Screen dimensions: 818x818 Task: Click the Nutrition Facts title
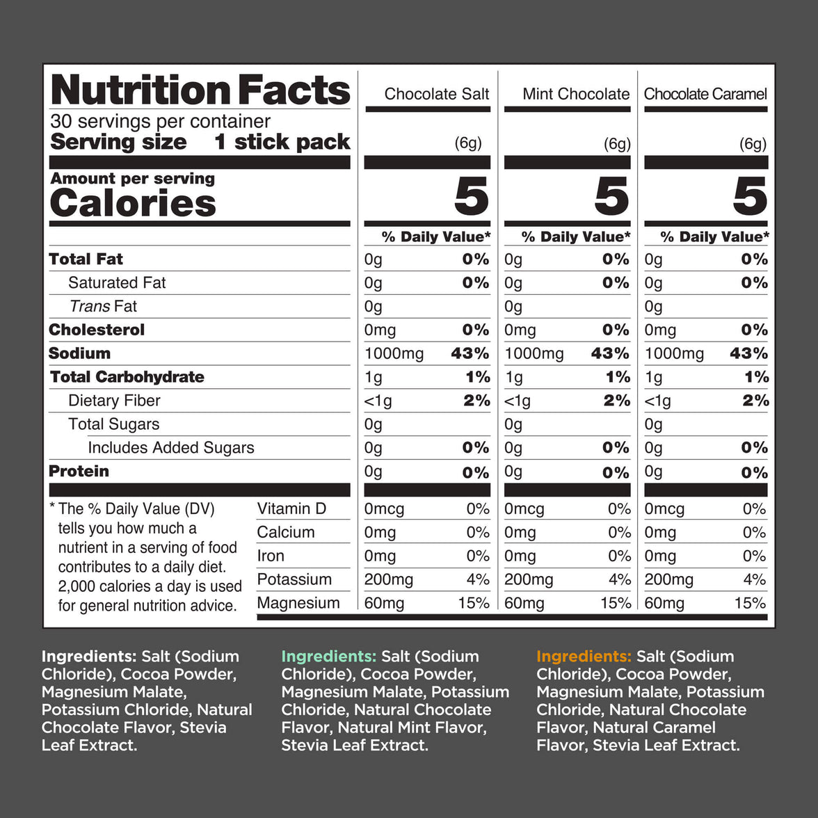click(x=200, y=90)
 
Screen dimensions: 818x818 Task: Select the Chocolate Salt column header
click(x=436, y=94)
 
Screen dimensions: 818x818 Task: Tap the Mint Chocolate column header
click(x=576, y=94)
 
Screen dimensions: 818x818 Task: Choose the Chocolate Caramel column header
click(x=705, y=94)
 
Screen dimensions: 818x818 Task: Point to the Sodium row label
click(x=79, y=353)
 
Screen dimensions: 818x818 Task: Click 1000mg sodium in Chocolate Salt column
click(x=394, y=354)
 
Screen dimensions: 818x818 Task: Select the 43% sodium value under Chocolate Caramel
click(x=748, y=353)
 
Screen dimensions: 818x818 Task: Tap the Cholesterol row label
click(x=97, y=330)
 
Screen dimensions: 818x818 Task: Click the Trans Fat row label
click(x=103, y=306)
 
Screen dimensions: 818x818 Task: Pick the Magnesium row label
click(x=298, y=603)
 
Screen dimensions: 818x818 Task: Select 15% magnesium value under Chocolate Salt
click(x=474, y=603)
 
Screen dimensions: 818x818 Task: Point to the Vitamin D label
click(x=291, y=508)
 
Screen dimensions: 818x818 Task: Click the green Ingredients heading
click(x=328, y=656)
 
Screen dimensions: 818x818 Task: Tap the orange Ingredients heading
click(x=584, y=656)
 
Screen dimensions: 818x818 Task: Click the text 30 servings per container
click(x=160, y=121)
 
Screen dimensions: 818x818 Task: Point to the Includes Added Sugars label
click(x=170, y=448)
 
